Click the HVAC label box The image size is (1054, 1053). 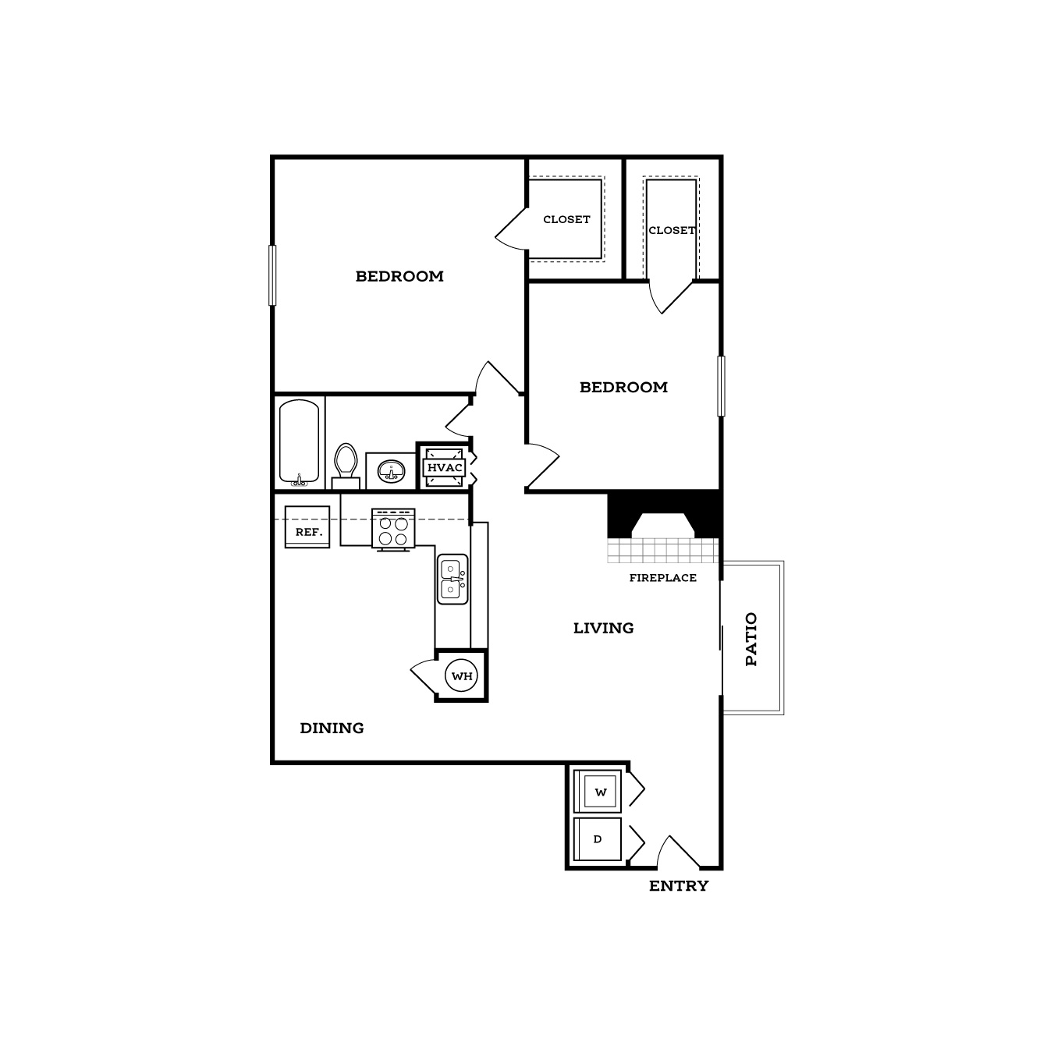(444, 468)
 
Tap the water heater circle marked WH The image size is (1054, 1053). (462, 675)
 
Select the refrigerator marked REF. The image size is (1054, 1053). (307, 526)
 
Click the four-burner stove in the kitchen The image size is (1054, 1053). (393, 528)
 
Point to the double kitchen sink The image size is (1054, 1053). (452, 579)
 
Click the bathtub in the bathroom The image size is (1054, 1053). (299, 442)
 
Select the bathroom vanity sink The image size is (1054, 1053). (392, 471)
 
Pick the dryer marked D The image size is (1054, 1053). (598, 839)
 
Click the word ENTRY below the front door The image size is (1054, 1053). (679, 886)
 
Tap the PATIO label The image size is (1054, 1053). (751, 639)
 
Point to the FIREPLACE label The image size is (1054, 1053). (663, 578)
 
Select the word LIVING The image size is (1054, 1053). (604, 628)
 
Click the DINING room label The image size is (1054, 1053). (332, 728)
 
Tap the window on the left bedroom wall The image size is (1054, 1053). (271, 275)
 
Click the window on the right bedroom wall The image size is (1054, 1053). (721, 386)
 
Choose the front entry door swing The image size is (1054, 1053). (678, 852)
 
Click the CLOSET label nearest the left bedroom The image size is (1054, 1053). (566, 219)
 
